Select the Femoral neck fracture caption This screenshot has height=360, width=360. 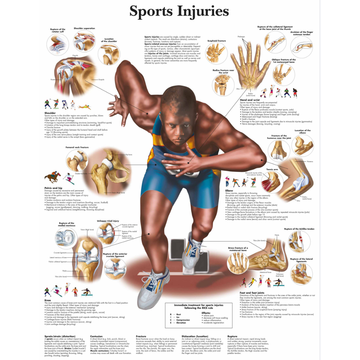pyautogui.click(x=77, y=147)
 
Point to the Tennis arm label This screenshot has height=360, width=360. pyautogui.click(x=272, y=169)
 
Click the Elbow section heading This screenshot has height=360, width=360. pyautogui.click(x=229, y=191)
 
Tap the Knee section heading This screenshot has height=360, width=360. pyautogui.click(x=48, y=300)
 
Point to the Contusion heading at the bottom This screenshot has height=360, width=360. pyautogui.click(x=96, y=336)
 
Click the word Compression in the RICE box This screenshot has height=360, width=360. pyautogui.click(x=182, y=320)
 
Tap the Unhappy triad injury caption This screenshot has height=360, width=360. pyautogui.click(x=108, y=221)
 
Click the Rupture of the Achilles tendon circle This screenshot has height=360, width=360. pyautogui.click(x=299, y=242)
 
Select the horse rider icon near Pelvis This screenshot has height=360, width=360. pyautogui.click(x=53, y=176)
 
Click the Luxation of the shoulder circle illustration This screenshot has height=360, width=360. pyautogui.click(x=109, y=54)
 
